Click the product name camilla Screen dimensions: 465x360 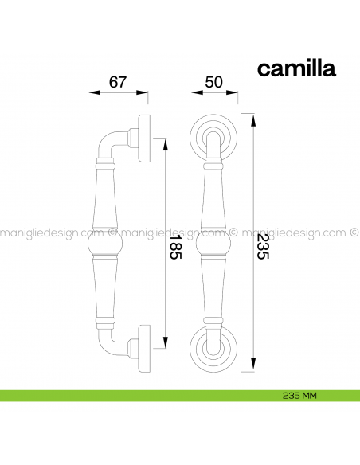296,68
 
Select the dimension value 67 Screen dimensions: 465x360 119,82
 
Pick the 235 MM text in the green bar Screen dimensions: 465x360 299,394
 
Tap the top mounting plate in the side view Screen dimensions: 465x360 146,138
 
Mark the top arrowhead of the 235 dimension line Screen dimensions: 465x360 252,120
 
